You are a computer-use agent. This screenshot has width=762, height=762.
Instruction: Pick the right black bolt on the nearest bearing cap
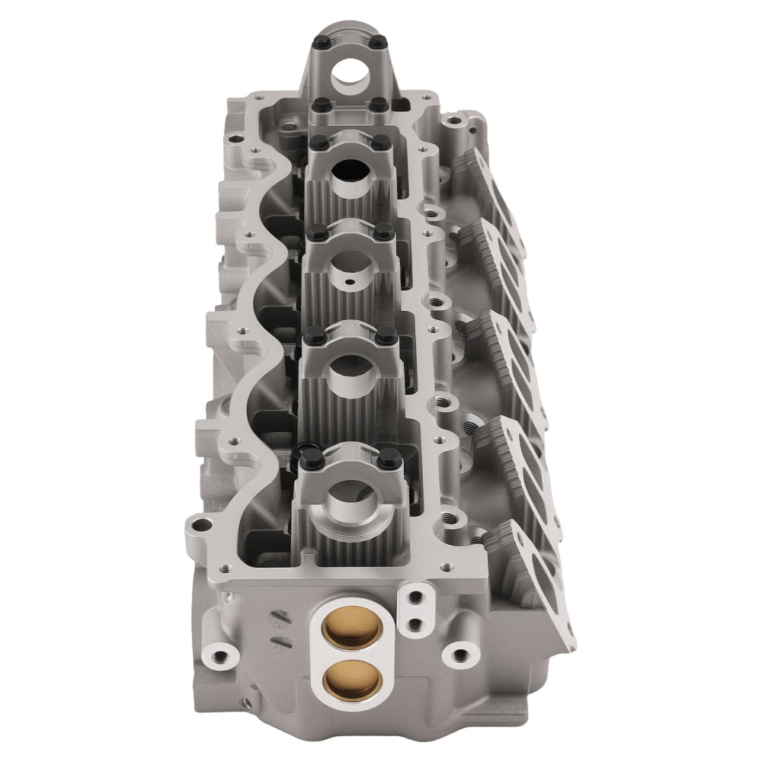click(389, 459)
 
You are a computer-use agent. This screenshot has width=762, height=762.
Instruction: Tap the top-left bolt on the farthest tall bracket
click(319, 40)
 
